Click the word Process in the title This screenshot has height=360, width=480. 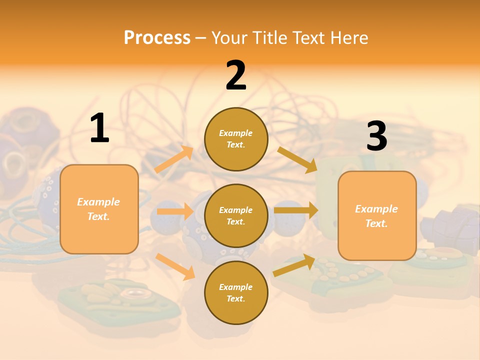[x=157, y=38]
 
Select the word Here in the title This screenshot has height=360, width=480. [x=349, y=37]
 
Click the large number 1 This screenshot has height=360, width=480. [x=100, y=127]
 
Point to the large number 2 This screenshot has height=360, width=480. [x=236, y=75]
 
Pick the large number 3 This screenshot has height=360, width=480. [x=377, y=135]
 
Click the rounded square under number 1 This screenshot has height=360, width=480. [x=99, y=209]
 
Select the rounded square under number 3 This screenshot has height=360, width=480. [x=377, y=216]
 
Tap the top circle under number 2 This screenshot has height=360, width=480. [x=236, y=139]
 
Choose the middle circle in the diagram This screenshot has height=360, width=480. [x=236, y=216]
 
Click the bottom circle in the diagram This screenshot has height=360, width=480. [x=236, y=292]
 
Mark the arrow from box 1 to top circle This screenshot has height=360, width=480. [x=174, y=158]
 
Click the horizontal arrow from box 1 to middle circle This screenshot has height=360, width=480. [x=175, y=211]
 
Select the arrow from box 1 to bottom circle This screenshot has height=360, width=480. [x=175, y=266]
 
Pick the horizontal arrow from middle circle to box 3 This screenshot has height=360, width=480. [x=296, y=210]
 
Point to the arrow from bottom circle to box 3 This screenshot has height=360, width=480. [x=294, y=265]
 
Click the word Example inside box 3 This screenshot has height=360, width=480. [x=376, y=209]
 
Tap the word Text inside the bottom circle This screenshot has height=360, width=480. [x=235, y=298]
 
